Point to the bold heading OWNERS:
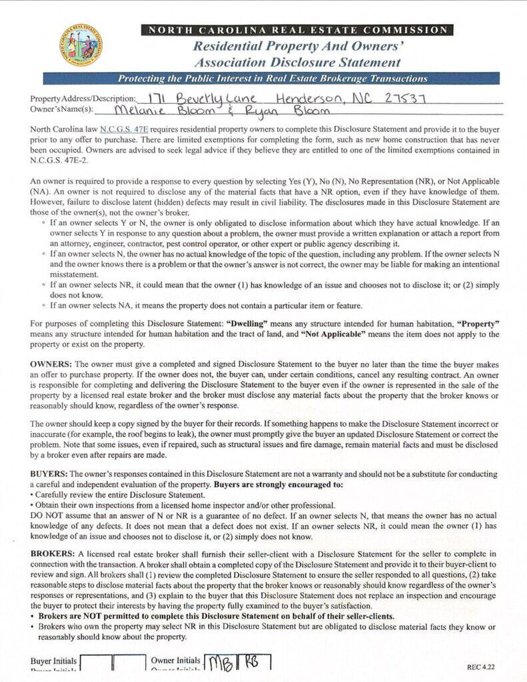[51, 364]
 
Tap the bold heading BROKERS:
[53, 554]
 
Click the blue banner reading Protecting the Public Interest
[272, 79]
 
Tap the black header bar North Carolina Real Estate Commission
[297, 30]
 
